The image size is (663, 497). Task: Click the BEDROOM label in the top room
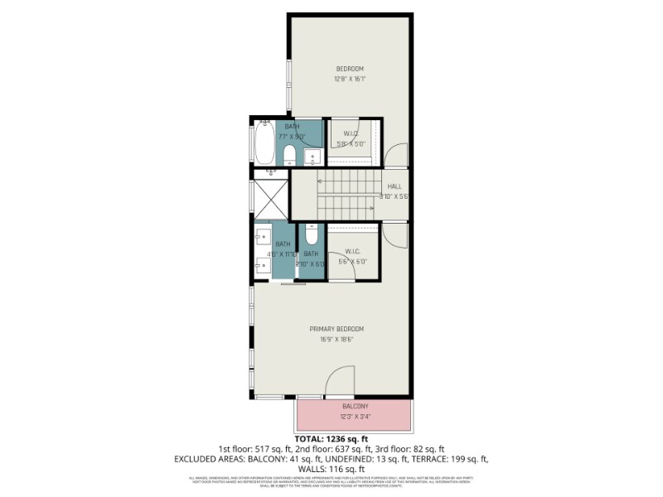click(x=349, y=69)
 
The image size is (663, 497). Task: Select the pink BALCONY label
click(x=355, y=407)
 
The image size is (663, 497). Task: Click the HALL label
click(x=394, y=186)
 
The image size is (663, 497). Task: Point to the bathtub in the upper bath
click(x=264, y=143)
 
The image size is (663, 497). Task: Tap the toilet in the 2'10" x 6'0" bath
click(x=311, y=234)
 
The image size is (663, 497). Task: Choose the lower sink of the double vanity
click(x=263, y=266)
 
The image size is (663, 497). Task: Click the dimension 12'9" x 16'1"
click(x=349, y=80)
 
